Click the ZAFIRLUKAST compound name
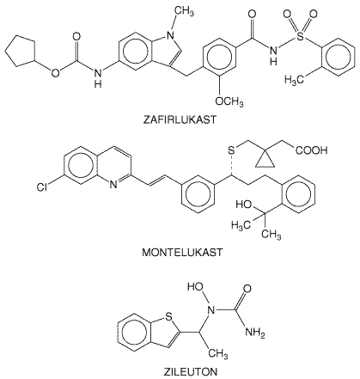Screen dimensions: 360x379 180,119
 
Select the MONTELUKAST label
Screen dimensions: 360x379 182,253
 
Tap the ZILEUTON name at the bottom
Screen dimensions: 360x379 191,372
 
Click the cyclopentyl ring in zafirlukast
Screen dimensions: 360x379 20,52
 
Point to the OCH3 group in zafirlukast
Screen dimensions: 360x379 229,102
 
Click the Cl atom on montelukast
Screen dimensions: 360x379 42,187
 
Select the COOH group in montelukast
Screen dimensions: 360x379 311,150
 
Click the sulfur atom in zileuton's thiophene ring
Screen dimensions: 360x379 168,317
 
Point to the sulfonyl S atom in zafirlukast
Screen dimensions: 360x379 300,36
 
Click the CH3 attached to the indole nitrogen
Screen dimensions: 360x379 184,11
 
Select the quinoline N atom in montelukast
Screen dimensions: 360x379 113,185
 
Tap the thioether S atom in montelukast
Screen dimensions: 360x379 231,150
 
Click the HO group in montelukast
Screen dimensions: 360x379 244,205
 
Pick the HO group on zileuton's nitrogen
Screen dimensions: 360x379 195,287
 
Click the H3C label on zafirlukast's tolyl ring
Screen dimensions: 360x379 294,80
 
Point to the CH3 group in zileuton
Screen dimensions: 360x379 218,354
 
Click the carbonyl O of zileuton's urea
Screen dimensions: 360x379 247,289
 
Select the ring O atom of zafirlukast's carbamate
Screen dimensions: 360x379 55,73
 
